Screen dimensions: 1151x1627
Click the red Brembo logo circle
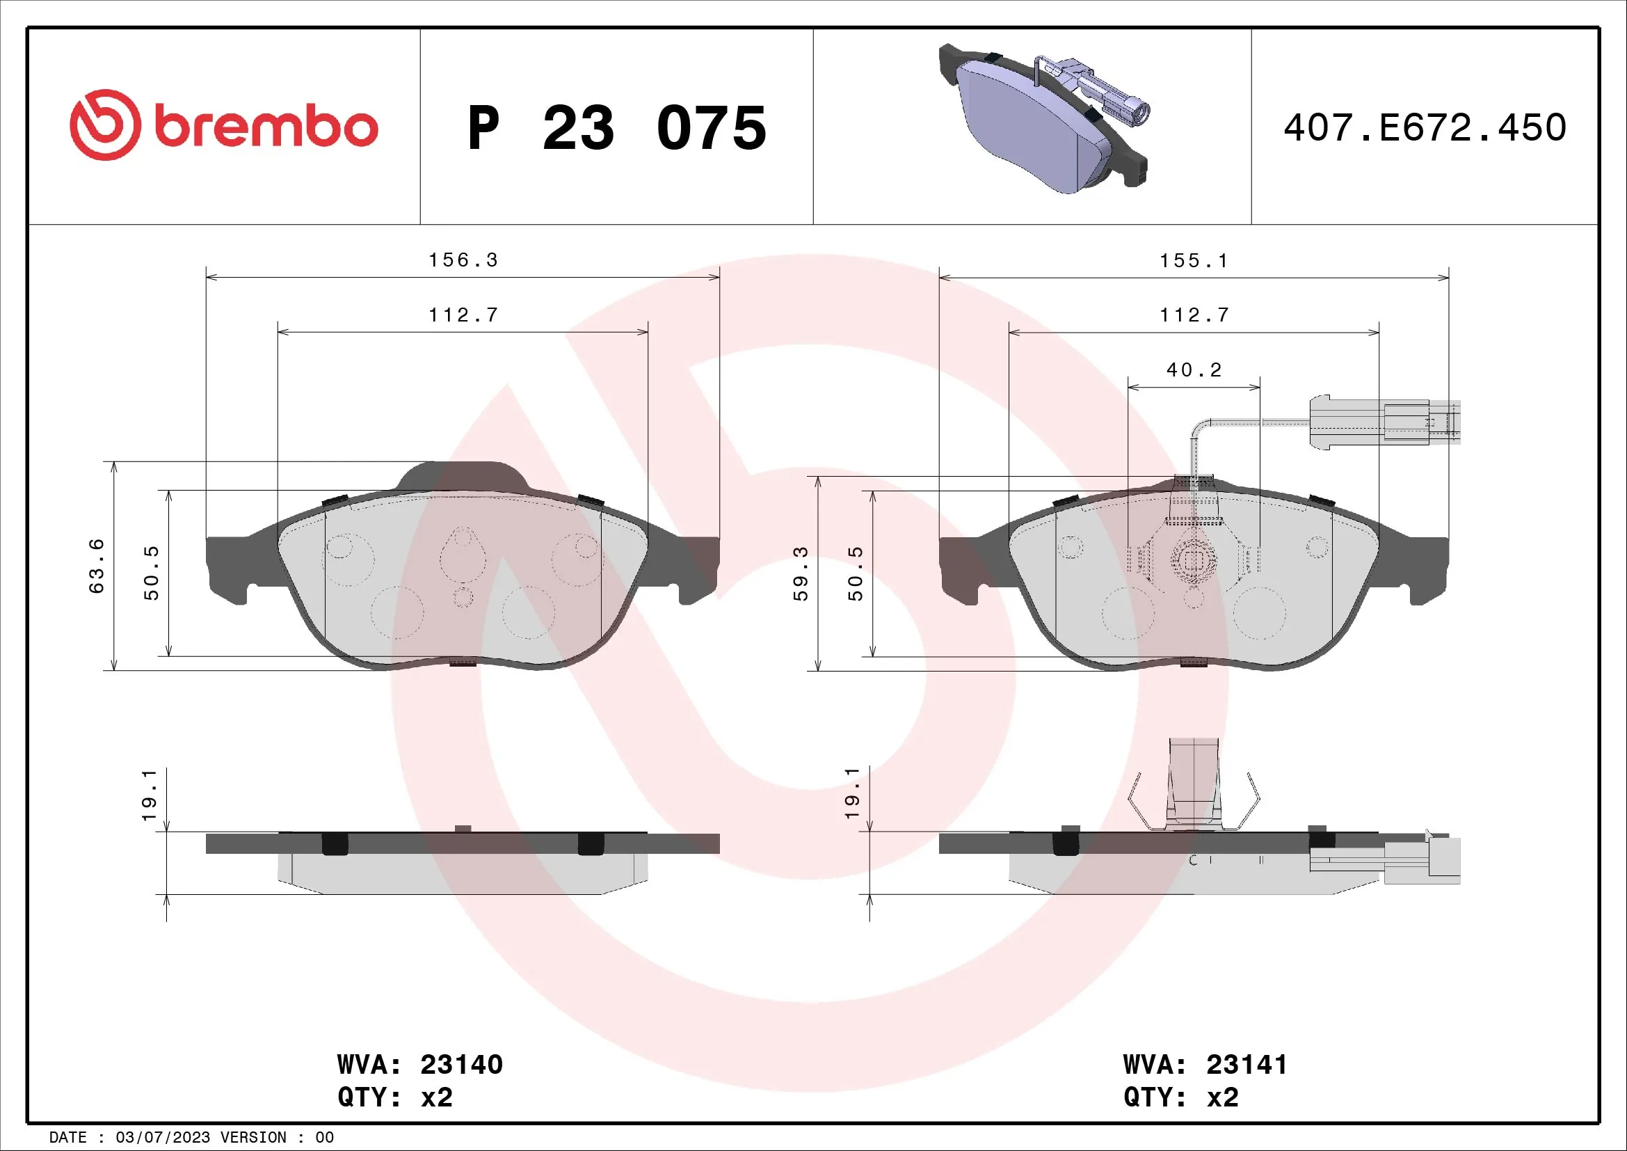click(105, 125)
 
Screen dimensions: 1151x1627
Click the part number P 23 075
click(616, 128)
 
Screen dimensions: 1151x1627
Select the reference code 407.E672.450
click(1425, 127)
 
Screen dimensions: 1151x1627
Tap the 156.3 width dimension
click(463, 260)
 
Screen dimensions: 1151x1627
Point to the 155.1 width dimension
click(1194, 261)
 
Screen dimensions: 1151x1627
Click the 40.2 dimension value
click(1194, 370)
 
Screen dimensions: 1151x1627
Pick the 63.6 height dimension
click(97, 566)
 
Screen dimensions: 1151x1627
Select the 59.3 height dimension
click(800, 573)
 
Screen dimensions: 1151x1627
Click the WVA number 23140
click(461, 1064)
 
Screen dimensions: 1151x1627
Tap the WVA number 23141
click(1247, 1064)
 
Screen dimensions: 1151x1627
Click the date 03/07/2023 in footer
click(162, 1138)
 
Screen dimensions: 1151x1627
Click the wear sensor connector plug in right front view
click(1382, 423)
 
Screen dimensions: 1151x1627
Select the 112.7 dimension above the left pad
click(463, 315)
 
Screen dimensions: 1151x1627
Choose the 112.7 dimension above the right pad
click(1194, 315)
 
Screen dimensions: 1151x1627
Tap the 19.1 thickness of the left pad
click(149, 795)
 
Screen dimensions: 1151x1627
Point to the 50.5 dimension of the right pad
click(856, 573)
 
